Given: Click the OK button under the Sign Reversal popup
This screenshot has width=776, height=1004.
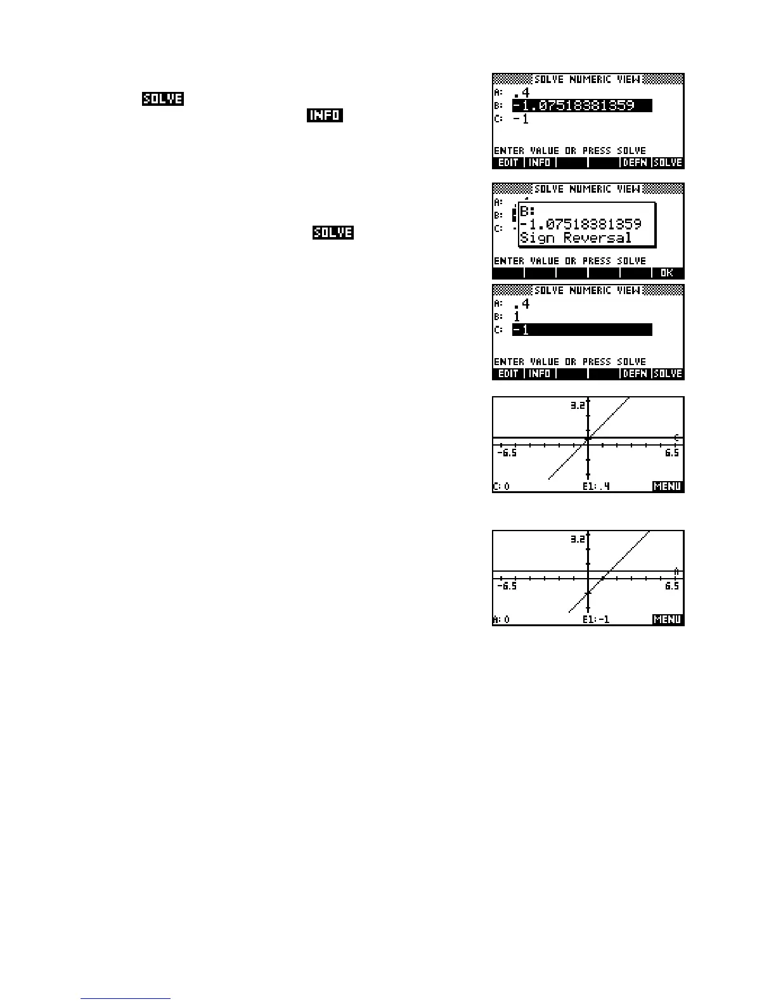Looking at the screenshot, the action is tap(667, 273).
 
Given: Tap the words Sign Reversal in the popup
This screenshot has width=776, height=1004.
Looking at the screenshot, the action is tap(576, 238).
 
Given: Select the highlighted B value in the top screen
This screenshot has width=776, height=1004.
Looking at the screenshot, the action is tap(581, 106).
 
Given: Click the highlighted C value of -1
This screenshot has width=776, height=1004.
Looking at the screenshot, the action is tap(581, 330).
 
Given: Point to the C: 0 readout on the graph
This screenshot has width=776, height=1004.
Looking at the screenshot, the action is tap(501, 487).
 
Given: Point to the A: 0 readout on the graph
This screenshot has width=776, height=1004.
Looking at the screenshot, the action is tap(501, 620).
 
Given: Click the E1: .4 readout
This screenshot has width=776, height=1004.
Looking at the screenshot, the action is tap(596, 487).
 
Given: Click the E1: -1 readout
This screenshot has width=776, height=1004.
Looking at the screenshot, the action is tap(596, 620).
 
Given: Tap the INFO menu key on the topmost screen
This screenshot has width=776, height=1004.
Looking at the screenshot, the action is tap(540, 163).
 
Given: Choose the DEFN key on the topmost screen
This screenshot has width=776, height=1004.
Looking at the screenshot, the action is tap(635, 163).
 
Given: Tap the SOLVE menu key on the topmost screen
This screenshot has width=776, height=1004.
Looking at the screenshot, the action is tap(668, 163).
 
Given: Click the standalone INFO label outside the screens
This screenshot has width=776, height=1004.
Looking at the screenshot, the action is tap(325, 115).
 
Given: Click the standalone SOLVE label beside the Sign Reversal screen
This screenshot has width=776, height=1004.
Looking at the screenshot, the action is tap(333, 233).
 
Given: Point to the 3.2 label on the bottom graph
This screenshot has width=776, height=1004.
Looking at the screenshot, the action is tap(577, 539).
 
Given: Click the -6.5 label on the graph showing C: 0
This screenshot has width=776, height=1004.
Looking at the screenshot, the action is tap(507, 453).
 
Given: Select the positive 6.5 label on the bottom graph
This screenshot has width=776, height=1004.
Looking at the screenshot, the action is tap(672, 586).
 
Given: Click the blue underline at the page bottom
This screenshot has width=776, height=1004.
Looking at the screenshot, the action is tap(126, 999).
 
